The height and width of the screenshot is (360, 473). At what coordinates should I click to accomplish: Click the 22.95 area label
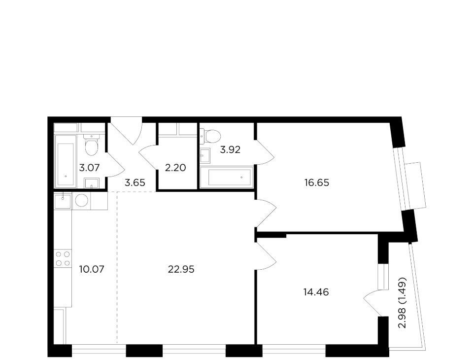[181, 269]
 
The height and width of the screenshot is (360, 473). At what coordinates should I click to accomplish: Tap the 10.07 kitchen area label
[92, 269]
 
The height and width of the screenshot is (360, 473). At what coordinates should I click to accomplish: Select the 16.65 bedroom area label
[316, 183]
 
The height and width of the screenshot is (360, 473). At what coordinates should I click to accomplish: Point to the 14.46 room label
[316, 292]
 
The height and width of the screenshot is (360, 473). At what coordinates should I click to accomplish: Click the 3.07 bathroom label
[89, 167]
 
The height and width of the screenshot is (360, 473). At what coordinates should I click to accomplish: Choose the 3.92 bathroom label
[230, 149]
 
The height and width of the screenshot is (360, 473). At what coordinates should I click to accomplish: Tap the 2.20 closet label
[175, 167]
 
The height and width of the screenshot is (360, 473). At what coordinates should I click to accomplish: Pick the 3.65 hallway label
[135, 183]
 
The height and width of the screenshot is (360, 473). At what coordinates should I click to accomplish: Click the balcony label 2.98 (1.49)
[403, 303]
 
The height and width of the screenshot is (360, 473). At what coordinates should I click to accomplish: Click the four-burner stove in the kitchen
[63, 258]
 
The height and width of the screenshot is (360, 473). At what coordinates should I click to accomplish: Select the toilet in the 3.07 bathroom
[92, 144]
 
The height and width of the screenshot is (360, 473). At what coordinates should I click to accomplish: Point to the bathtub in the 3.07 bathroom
[66, 161]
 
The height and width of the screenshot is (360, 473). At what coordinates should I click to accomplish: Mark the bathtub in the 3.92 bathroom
[230, 178]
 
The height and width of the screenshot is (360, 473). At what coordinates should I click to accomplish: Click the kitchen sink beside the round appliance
[63, 201]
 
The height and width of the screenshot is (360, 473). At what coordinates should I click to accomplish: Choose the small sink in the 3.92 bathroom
[205, 155]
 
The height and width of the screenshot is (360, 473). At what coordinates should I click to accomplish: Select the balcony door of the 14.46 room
[372, 303]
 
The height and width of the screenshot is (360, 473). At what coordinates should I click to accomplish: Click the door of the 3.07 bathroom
[115, 165]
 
